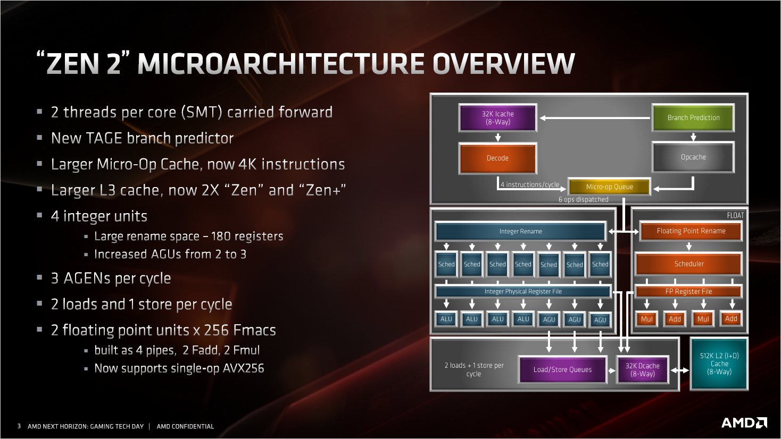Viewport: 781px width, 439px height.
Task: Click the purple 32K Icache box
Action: [497, 118]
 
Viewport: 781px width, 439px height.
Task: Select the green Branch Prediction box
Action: [693, 118]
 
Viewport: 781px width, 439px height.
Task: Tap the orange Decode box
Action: [497, 158]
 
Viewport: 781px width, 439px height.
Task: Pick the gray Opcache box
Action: [693, 157]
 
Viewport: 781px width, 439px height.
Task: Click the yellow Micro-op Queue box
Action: [609, 187]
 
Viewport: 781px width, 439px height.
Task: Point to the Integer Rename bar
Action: [520, 231]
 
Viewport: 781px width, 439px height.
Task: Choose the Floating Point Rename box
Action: [691, 231]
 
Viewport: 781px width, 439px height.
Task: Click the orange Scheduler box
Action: [689, 264]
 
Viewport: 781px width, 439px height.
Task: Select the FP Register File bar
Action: [688, 291]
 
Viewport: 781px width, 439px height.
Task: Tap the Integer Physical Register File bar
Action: [523, 291]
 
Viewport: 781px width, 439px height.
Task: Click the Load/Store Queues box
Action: [562, 369]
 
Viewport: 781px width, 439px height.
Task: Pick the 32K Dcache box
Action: [642, 369]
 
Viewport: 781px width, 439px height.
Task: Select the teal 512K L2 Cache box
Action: [719, 364]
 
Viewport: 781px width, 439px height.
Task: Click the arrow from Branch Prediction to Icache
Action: [595, 118]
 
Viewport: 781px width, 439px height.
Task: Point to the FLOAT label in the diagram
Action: [735, 215]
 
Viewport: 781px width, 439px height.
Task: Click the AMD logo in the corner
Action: [744, 423]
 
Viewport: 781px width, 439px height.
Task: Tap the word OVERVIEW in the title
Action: [503, 64]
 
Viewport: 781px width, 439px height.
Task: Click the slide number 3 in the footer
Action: [19, 426]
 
